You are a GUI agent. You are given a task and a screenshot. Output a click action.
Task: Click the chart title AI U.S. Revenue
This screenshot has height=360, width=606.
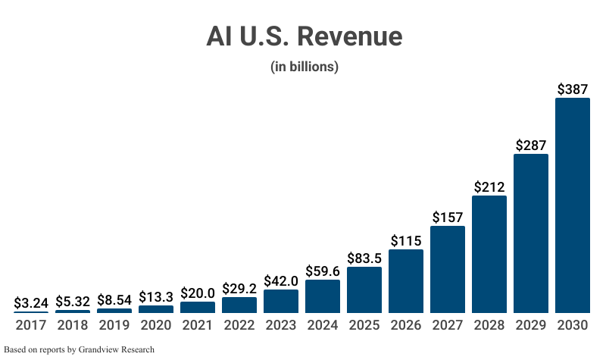click(x=304, y=36)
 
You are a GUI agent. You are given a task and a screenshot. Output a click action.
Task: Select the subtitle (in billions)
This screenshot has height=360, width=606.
click(x=304, y=67)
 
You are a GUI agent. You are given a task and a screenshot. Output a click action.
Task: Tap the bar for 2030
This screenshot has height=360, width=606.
click(x=572, y=205)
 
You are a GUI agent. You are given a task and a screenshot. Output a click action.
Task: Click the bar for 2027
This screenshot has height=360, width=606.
click(x=447, y=270)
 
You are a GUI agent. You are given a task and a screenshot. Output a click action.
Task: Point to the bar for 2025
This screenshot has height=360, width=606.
click(x=364, y=290)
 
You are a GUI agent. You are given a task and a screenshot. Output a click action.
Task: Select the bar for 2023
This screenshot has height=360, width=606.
click(x=280, y=302)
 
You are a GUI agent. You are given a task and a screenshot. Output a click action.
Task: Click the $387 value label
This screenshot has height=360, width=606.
click(x=572, y=89)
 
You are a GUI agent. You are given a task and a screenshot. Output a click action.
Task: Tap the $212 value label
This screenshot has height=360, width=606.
click(x=489, y=186)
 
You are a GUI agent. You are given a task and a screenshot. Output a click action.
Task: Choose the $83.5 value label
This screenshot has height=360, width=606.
click(x=364, y=258)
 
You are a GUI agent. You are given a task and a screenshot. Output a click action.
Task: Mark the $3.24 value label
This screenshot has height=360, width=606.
click(x=31, y=303)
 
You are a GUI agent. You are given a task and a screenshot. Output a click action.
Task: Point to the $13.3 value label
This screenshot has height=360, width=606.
click(x=156, y=296)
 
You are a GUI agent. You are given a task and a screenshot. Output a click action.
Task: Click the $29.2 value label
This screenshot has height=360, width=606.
click(x=239, y=289)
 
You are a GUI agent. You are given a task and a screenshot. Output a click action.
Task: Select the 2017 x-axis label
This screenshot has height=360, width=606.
click(x=31, y=325)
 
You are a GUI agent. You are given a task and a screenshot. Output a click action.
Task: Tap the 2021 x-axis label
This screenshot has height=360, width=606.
click(x=198, y=325)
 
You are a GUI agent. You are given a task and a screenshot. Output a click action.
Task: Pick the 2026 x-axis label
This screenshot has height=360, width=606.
click(x=405, y=325)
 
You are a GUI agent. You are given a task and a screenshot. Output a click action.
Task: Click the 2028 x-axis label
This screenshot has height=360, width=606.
click(x=489, y=325)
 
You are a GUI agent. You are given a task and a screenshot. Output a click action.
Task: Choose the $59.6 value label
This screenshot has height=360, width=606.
click(x=322, y=271)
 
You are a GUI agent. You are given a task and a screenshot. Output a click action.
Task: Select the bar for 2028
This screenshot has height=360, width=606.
click(x=489, y=255)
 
